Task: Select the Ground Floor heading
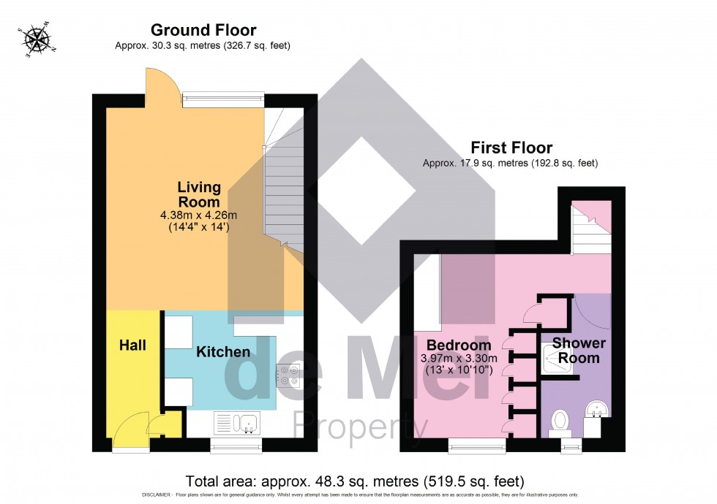click(203, 30)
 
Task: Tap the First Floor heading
click(511, 148)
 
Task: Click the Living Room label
click(199, 194)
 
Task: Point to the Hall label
click(132, 344)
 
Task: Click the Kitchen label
click(223, 351)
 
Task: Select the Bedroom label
click(459, 345)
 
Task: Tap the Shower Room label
click(579, 351)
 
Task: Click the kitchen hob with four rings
click(287, 375)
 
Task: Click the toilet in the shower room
click(560, 421)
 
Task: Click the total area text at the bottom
click(356, 481)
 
